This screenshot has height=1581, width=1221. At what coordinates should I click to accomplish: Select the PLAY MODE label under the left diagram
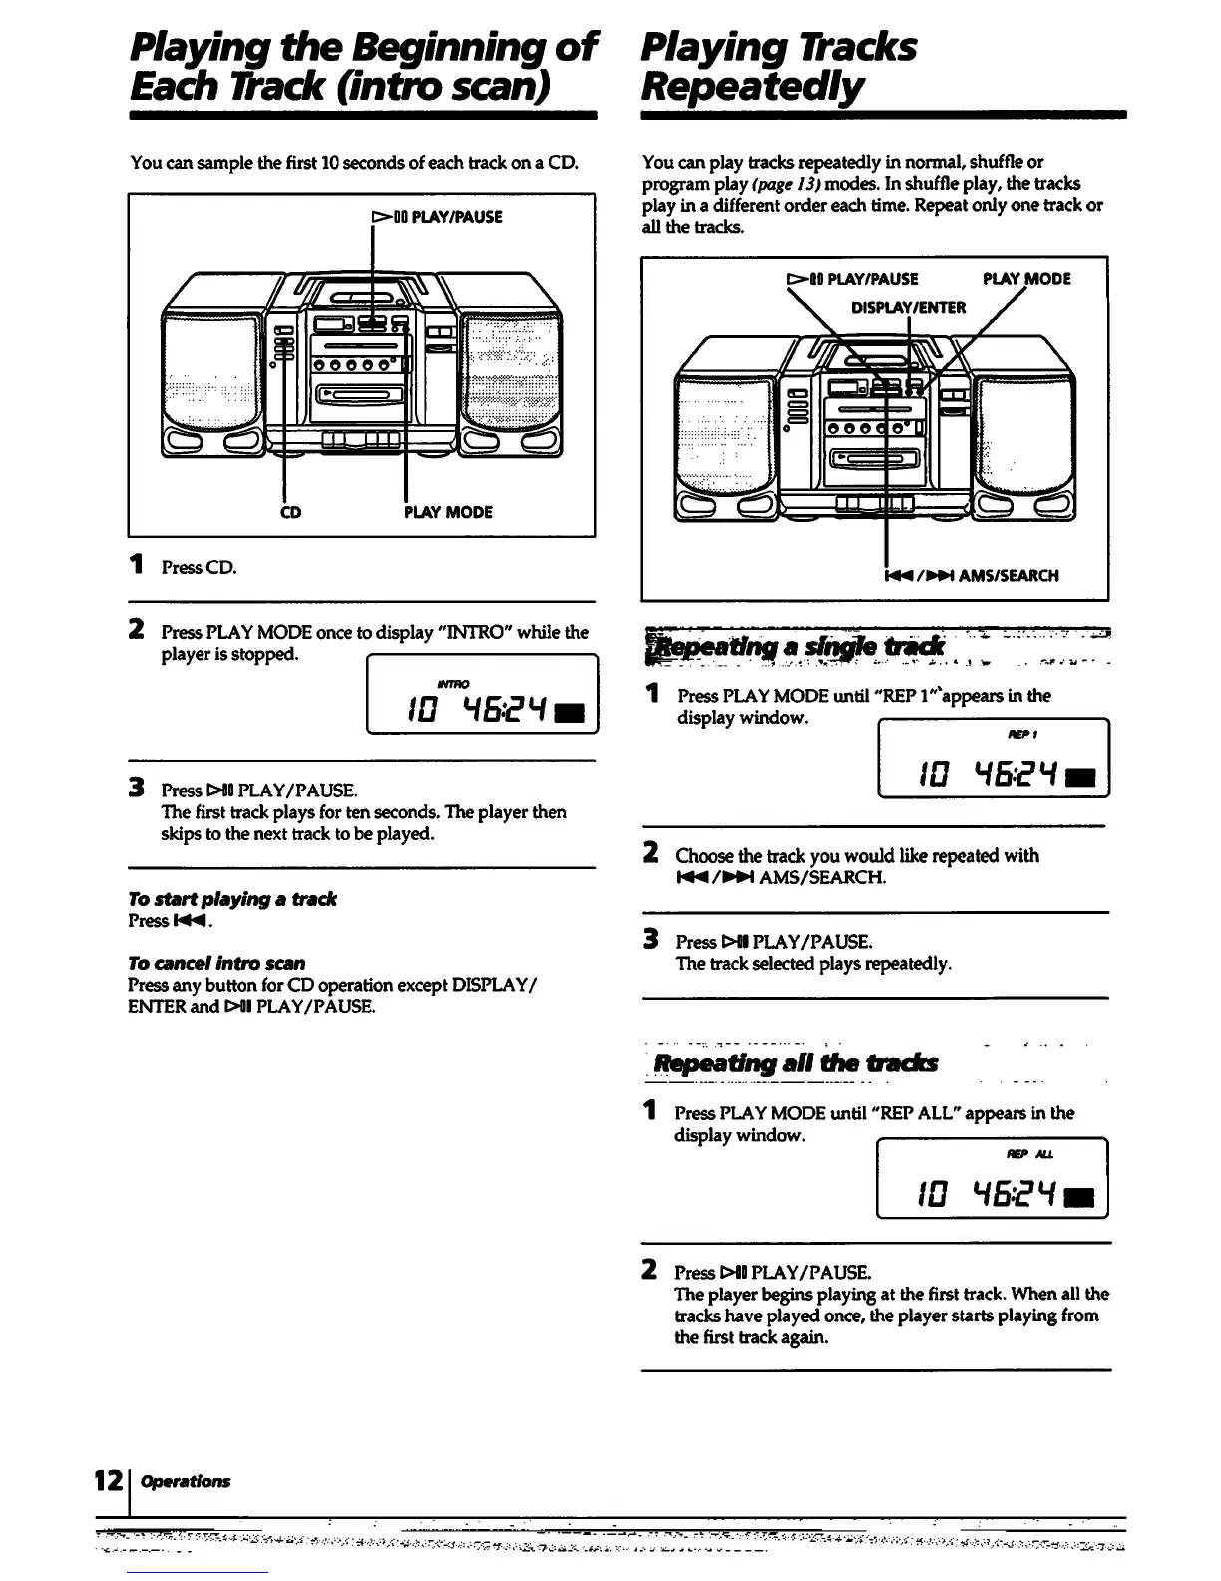click(448, 512)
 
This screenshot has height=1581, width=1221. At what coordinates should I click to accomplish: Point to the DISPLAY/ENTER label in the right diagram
click(908, 307)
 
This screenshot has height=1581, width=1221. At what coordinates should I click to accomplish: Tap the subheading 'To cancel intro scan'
click(215, 963)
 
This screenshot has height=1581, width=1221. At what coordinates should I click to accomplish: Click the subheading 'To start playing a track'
click(231, 899)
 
